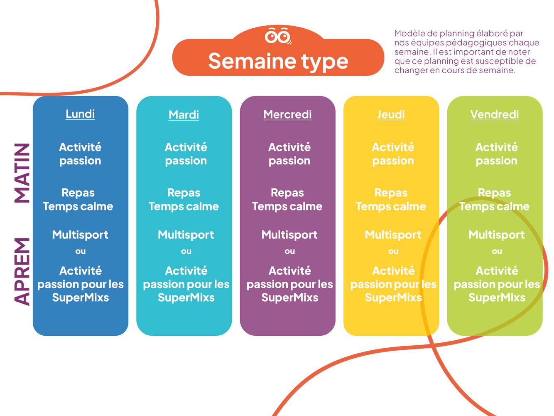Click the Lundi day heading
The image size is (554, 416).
(80, 114)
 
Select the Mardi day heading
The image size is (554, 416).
(184, 115)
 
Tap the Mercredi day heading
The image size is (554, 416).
(287, 114)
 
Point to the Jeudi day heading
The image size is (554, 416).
(391, 114)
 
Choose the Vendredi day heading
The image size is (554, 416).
(494, 114)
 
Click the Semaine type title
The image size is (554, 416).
(278, 61)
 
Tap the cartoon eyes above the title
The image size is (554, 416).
(278, 36)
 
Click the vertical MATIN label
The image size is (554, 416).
(22, 173)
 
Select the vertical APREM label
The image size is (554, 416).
(22, 271)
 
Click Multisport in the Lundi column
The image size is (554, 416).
(80, 235)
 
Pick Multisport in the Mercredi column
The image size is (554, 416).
(289, 235)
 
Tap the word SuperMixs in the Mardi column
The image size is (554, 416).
(186, 297)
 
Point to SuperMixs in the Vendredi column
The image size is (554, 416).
(497, 297)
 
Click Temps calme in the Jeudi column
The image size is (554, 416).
(391, 206)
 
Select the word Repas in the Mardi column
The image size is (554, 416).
(184, 193)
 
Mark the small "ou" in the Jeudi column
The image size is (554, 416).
(393, 251)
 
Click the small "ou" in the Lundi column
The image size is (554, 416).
(81, 251)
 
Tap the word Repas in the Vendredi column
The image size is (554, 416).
(494, 193)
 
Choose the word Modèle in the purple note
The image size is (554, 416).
(408, 34)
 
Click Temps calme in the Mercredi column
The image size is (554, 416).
(287, 206)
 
